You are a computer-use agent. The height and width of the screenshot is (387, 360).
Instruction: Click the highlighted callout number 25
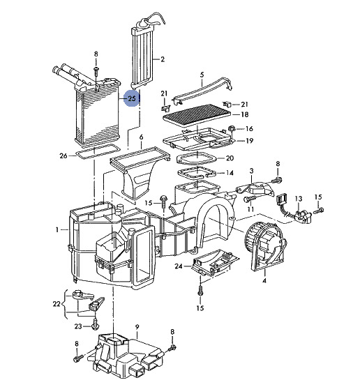(x=132, y=98)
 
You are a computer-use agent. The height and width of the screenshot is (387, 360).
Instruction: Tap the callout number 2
(x=163, y=59)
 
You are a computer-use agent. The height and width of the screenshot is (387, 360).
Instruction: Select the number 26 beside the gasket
(x=63, y=155)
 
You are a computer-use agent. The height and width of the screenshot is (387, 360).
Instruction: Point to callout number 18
(x=244, y=114)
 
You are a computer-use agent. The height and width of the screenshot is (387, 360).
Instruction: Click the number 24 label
(x=179, y=266)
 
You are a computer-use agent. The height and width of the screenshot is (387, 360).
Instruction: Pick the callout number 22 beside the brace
(x=57, y=304)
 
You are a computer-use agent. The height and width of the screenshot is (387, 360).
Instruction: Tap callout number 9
(x=137, y=327)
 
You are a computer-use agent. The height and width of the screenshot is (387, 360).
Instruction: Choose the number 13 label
(x=299, y=199)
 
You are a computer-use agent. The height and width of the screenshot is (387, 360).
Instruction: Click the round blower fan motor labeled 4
(x=266, y=244)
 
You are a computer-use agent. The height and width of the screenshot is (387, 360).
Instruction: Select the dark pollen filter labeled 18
(x=197, y=114)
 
